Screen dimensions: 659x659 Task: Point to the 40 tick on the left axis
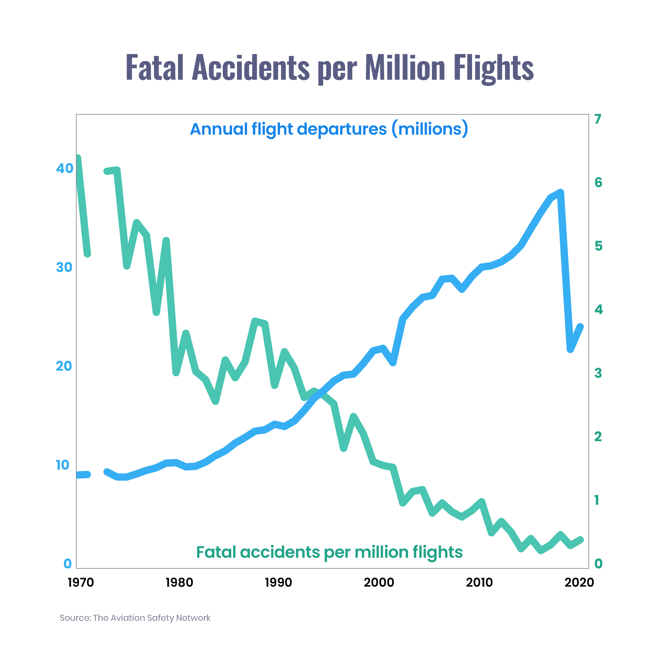[x=64, y=168]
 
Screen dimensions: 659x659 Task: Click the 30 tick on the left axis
[x=64, y=267]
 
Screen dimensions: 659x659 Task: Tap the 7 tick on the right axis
[x=597, y=119]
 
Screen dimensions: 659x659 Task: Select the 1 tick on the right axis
[x=597, y=500]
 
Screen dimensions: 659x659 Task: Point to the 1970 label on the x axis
[x=81, y=582]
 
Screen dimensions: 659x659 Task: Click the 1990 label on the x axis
[x=278, y=582]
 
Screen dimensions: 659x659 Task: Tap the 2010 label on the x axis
[x=479, y=582]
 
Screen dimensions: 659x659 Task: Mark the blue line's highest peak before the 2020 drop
[x=560, y=192]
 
